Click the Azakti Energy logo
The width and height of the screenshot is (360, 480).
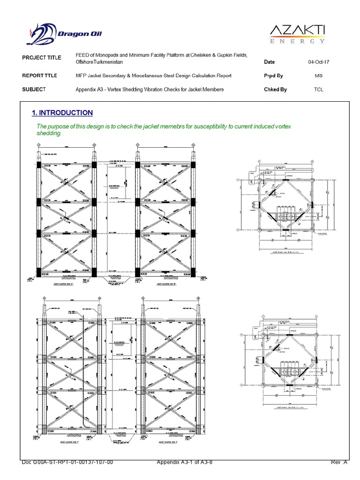click(x=297, y=34)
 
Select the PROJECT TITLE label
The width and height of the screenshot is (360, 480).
click(x=42, y=58)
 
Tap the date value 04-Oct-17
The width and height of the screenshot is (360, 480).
click(x=318, y=62)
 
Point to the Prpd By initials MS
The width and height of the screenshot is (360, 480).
click(x=318, y=75)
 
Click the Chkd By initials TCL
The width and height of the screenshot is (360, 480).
click(x=318, y=89)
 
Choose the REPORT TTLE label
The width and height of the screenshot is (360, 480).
click(x=40, y=75)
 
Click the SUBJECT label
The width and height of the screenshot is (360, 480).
click(x=34, y=89)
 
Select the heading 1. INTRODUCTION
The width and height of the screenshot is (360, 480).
click(x=62, y=113)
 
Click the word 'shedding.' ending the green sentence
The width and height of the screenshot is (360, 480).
click(x=49, y=133)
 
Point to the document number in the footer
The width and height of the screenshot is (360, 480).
click(x=67, y=463)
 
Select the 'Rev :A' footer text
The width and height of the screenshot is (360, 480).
click(x=339, y=463)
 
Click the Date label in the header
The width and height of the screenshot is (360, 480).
click(x=270, y=62)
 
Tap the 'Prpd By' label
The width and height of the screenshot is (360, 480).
click(x=274, y=75)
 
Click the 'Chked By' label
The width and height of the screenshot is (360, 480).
click(x=276, y=89)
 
